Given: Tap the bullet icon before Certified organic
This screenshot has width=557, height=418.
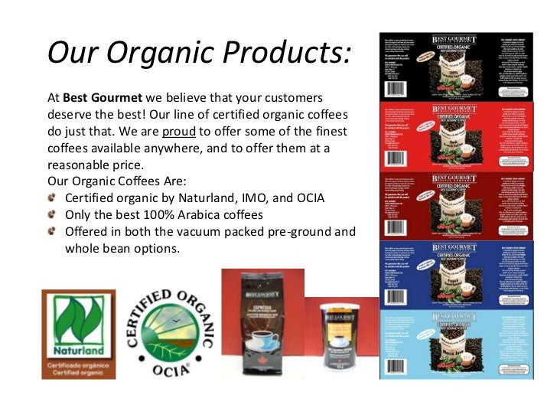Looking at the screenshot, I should click(x=51, y=198).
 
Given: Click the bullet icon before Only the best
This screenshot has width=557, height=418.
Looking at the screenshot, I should click(x=51, y=215).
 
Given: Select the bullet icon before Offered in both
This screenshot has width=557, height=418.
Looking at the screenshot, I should click(x=51, y=231).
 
